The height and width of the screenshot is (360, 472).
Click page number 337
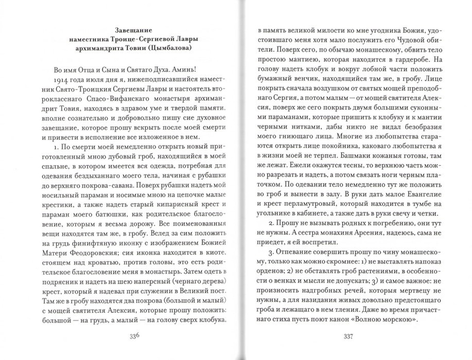click(x=346, y=335)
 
